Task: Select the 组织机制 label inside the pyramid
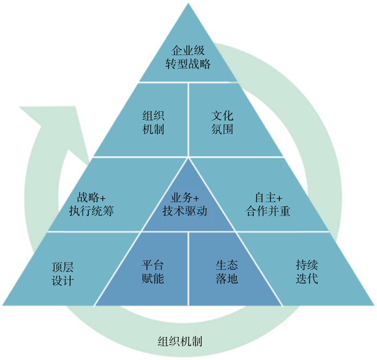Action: click(153, 122)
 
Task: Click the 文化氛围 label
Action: click(222, 122)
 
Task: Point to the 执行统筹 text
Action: click(91, 211)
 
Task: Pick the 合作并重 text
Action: click(268, 211)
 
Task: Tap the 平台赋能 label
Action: click(153, 272)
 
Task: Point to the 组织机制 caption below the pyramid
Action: click(180, 341)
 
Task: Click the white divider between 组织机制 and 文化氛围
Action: click(188, 120)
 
